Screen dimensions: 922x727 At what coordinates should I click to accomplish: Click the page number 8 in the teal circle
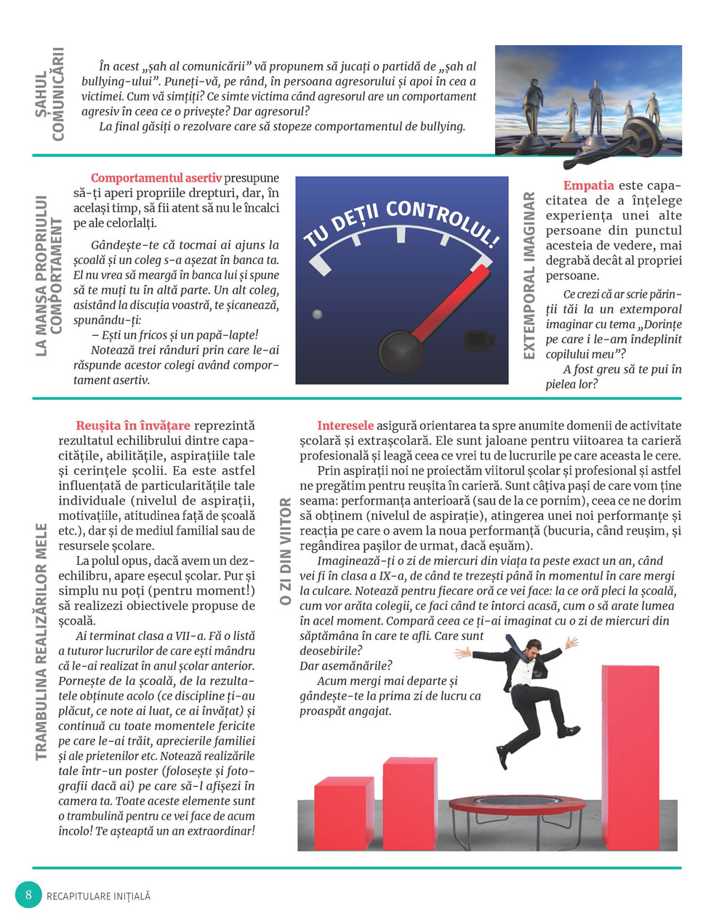click(x=28, y=894)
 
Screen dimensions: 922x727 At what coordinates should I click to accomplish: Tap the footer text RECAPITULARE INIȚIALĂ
click(x=98, y=897)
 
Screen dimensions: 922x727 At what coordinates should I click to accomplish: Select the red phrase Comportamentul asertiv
click(x=156, y=178)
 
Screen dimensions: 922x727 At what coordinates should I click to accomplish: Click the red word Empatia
click(x=588, y=185)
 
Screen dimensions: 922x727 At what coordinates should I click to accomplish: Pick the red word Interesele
click(x=345, y=425)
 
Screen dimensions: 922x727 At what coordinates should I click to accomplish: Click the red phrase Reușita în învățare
click(x=133, y=425)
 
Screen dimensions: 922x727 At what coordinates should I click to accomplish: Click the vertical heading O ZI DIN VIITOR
click(x=285, y=551)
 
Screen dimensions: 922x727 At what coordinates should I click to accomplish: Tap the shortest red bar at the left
click(x=344, y=812)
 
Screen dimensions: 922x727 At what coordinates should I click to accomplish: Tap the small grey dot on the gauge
click(x=316, y=315)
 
